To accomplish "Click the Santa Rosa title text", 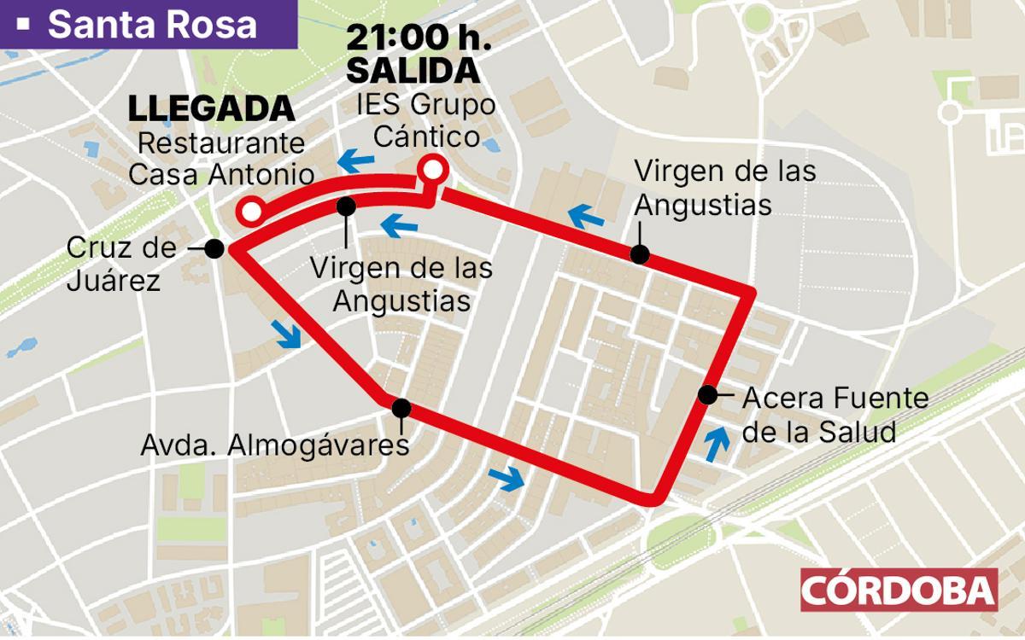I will click(x=152, y=24).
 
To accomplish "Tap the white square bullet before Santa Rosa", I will click(x=24, y=25).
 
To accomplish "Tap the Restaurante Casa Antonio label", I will click(x=220, y=159).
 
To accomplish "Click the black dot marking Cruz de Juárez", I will click(x=214, y=248).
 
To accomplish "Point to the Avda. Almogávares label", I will click(x=275, y=445).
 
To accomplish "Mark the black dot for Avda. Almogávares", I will click(x=401, y=408).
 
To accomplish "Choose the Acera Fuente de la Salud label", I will click(x=835, y=414).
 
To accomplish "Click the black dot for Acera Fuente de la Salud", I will click(x=707, y=394).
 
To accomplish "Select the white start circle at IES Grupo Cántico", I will click(x=433, y=169).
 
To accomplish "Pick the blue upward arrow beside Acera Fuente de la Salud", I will click(x=717, y=444).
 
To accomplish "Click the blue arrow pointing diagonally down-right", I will click(x=289, y=335).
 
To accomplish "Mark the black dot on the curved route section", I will click(x=346, y=206).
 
